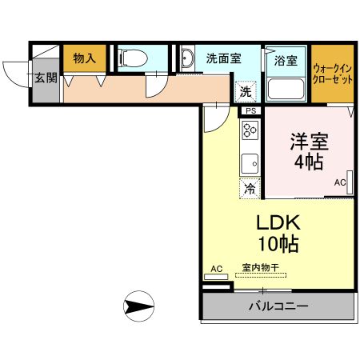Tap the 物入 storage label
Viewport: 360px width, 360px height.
tap(84, 58)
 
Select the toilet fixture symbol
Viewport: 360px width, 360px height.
tap(130, 58)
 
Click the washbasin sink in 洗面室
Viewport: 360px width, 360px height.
tap(186, 59)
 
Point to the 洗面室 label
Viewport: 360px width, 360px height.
tap(223, 58)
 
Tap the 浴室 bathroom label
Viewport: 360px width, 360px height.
tap(286, 60)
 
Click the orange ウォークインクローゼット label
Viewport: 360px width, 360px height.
tap(333, 74)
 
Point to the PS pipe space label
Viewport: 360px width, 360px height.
tap(250, 110)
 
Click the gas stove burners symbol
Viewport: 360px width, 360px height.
tap(250, 130)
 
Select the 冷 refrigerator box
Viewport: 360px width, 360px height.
tap(250, 189)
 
